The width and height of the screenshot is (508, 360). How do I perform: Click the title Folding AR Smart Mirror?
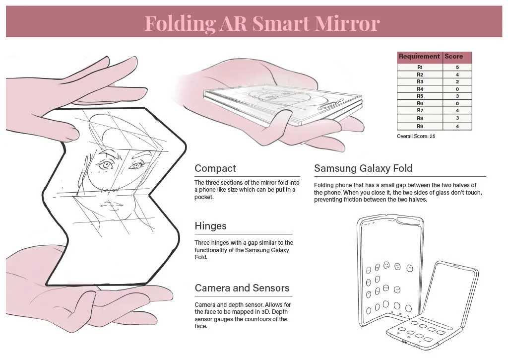point(262,22)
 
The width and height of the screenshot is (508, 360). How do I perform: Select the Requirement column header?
point(419,57)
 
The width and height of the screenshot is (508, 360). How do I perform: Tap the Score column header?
point(453,57)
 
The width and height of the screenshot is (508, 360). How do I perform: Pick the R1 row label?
point(420,67)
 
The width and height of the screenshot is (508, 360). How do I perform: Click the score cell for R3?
point(457,81)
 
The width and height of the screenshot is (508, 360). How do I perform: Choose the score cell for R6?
point(457,103)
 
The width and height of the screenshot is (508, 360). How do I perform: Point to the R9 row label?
point(420,126)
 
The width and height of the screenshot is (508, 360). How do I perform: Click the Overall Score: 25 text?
point(416,136)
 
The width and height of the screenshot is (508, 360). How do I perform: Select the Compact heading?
point(215,168)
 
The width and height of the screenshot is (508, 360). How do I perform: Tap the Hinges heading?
point(210,226)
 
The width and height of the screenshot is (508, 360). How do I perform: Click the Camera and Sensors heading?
point(242,288)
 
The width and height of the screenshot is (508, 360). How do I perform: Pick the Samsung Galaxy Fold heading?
point(363,168)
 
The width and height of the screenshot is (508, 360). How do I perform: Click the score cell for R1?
point(457,67)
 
